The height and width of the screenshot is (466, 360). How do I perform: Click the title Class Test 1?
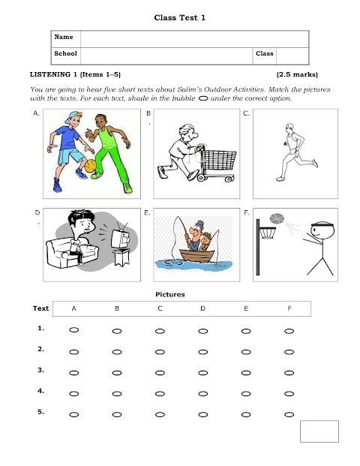pos(180,17)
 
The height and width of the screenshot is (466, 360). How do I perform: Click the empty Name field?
pos(193,37)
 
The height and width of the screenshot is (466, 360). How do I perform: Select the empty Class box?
pos(292,55)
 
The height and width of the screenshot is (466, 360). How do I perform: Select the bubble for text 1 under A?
pos(73,330)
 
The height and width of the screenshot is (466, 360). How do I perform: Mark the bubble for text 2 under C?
pos(160,351)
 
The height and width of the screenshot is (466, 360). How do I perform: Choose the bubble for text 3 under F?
pos(289,372)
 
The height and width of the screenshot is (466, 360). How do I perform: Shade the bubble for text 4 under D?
pos(202,393)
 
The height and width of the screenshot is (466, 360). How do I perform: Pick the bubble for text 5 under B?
pos(117,414)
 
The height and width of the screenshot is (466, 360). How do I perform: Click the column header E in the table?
pos(246,308)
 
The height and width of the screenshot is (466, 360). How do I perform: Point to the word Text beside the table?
pos(40,308)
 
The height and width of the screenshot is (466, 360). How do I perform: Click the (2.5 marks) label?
pos(296,75)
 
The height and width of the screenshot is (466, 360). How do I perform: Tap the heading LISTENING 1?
pos(53,75)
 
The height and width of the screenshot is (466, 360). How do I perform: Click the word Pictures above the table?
pos(169,294)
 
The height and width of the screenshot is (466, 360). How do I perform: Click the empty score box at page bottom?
pos(319,432)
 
